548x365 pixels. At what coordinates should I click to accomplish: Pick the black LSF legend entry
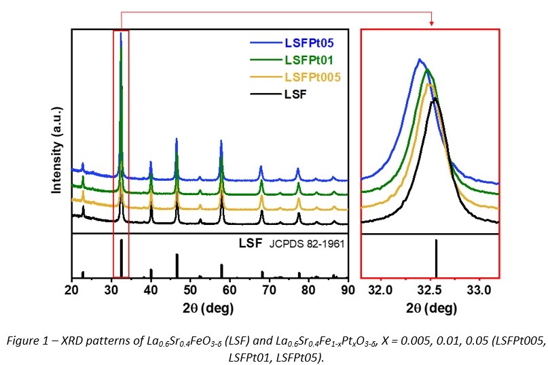295,93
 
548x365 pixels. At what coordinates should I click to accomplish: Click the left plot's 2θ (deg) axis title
211,308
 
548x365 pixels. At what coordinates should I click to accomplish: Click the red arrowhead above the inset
431,24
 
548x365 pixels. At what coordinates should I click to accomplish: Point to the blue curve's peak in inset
420,60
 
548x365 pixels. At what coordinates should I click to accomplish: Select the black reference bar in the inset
436,258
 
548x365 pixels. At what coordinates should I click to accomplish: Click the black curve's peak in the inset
435,99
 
